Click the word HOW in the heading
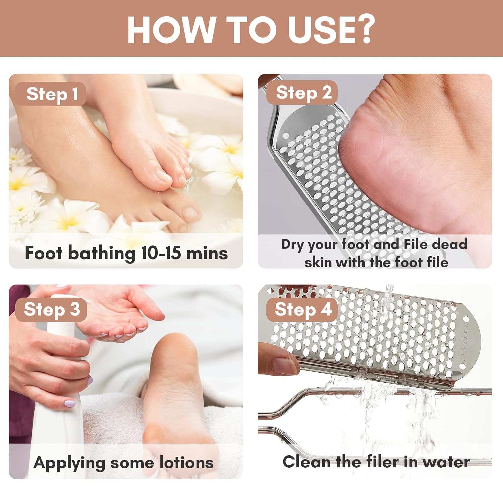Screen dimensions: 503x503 pos(171,30)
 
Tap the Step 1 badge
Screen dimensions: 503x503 pos(52,94)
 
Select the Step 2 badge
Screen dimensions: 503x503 pos(303,93)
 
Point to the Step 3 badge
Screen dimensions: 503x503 pos(52,309)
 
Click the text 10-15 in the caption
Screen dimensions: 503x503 pos(161,253)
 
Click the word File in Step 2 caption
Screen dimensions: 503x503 pos(416,244)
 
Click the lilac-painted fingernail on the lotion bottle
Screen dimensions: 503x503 pos(70,403)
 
